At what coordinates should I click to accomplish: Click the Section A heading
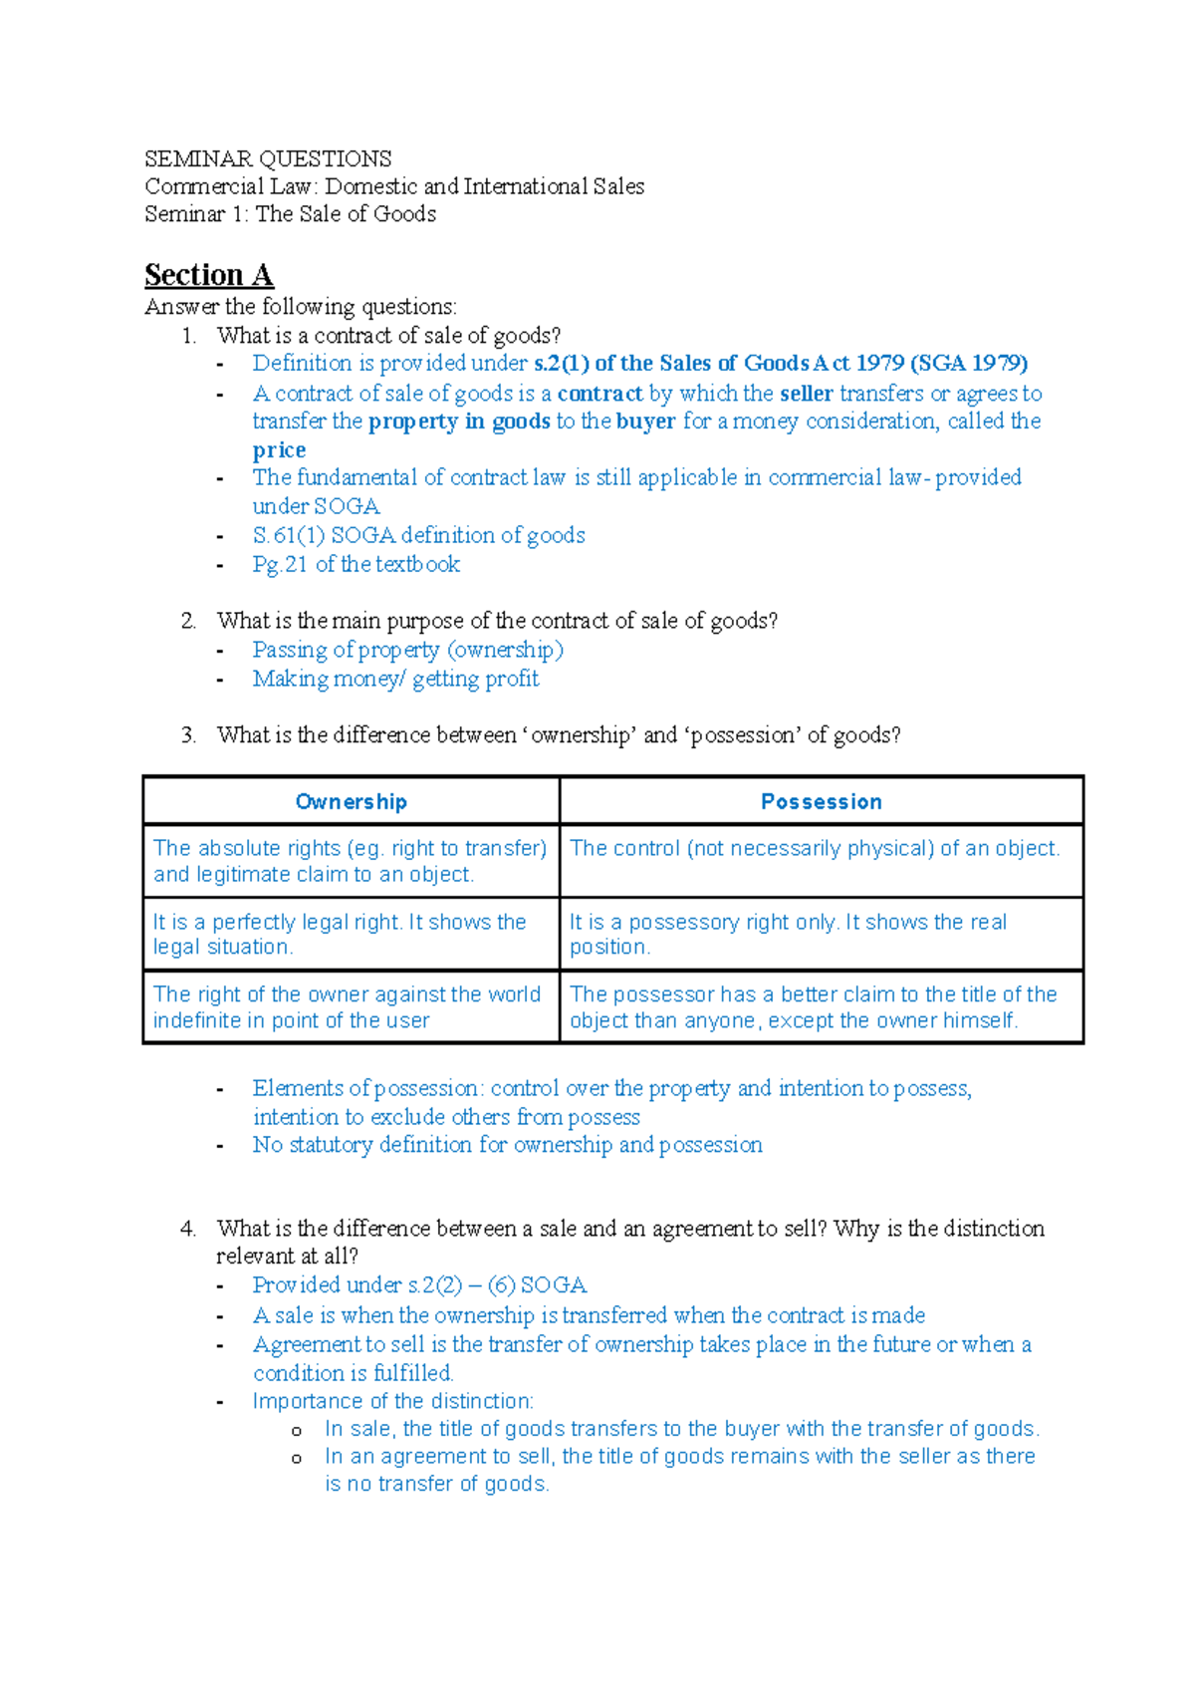208,275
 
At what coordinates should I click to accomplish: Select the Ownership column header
351,802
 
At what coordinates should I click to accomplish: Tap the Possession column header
821,802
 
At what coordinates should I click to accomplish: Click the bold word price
279,449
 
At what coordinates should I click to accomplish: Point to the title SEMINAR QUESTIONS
268,159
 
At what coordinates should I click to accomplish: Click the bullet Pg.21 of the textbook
356,564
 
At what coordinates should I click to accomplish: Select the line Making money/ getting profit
395,679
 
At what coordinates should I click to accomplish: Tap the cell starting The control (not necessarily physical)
815,848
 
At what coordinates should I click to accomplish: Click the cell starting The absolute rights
350,861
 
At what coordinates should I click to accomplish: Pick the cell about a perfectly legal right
340,934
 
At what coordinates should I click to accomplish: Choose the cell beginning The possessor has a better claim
813,1006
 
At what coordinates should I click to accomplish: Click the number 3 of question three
188,735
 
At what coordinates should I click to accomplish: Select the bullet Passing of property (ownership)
407,650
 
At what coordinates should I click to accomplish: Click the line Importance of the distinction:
392,1401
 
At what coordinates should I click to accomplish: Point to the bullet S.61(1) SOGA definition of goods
418,535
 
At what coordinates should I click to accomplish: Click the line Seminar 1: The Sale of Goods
290,214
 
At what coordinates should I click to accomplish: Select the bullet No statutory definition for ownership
507,1145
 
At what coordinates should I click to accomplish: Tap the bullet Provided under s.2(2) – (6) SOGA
419,1285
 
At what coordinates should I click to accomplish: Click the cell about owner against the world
347,1006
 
